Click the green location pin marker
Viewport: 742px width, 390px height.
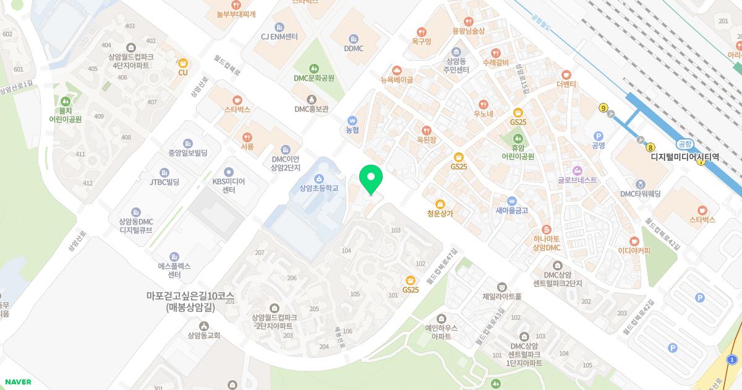click(x=371, y=180)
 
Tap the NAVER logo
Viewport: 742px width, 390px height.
click(x=17, y=382)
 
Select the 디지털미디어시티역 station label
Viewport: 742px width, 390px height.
click(x=685, y=157)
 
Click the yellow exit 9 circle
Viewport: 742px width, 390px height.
click(x=603, y=108)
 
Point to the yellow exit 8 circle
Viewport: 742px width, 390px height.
click(x=650, y=147)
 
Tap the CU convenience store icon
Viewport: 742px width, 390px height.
click(x=182, y=63)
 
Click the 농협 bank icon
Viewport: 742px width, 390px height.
click(x=352, y=120)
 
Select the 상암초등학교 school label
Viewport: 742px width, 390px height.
click(x=318, y=188)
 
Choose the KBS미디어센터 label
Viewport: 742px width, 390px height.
click(x=229, y=186)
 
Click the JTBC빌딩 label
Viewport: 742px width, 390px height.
click(x=164, y=182)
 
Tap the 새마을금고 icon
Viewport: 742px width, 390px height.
click(x=512, y=201)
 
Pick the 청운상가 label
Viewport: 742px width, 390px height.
click(x=440, y=214)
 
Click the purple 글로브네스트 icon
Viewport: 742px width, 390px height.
click(x=577, y=170)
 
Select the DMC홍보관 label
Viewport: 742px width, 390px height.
click(x=312, y=109)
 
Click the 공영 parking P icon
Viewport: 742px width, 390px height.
click(x=598, y=136)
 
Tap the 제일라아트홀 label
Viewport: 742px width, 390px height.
click(x=502, y=297)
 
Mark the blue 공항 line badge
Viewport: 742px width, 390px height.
click(x=684, y=144)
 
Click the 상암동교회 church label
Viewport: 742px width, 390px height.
click(x=204, y=336)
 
